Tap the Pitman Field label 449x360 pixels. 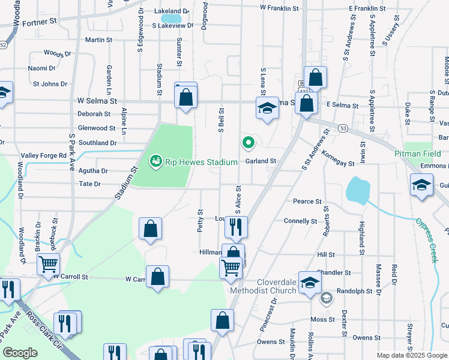pos(418,154)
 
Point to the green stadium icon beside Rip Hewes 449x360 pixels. pos(155,161)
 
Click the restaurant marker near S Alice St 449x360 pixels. pos(236,226)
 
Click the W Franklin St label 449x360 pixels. pos(279,8)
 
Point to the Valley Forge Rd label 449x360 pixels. pos(44,155)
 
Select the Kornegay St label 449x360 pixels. pos(337,163)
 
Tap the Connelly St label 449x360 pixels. pos(300,221)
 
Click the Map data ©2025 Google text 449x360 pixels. pos(411,355)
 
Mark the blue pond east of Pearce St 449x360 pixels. pos(358,190)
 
